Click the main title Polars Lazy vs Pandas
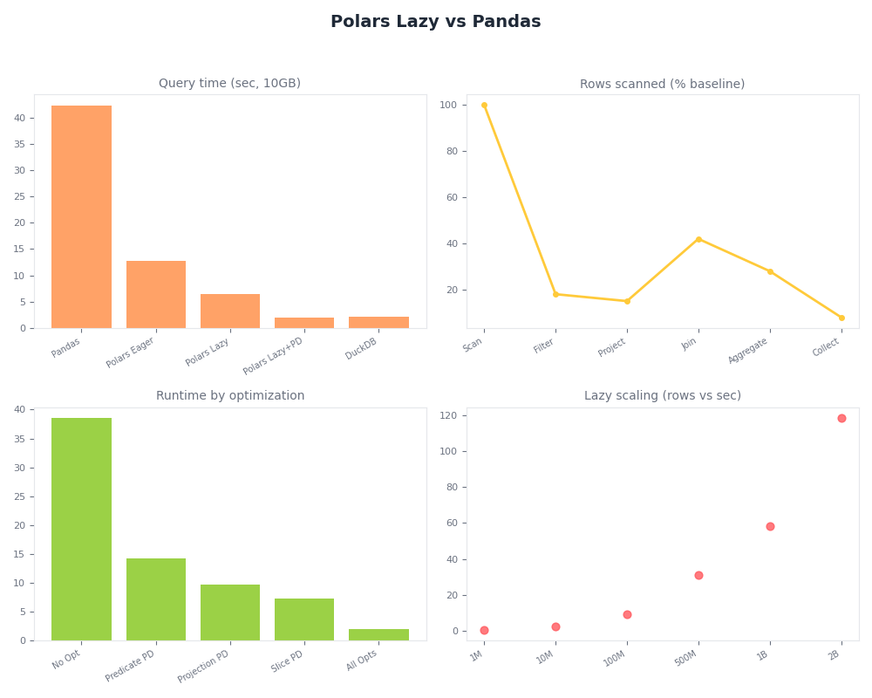(435, 22)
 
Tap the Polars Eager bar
(156, 294)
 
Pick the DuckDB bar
(378, 322)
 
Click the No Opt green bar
(81, 529)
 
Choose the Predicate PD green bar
(156, 599)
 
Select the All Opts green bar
(378, 634)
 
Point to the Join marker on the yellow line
(698, 239)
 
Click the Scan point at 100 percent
(484, 106)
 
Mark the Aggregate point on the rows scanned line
(770, 271)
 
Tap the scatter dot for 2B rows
(841, 418)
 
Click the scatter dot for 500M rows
(698, 575)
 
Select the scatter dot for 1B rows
(770, 526)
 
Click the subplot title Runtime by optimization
(230, 396)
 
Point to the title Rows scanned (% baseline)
(662, 85)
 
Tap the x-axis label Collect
(827, 347)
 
